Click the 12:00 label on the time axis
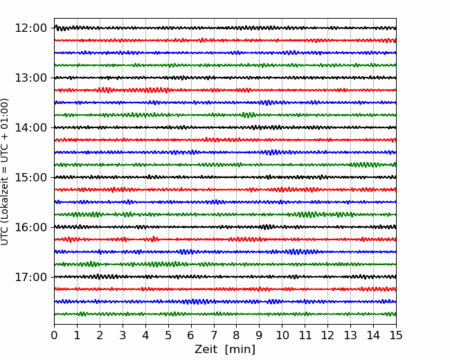tap(30, 28)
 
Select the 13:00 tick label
tap(30, 78)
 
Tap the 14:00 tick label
tap(30, 127)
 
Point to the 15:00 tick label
tap(30, 177)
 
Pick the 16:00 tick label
tap(30, 227)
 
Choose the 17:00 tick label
tap(30, 277)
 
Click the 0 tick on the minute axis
tap(54, 335)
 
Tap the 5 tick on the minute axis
tap(168, 335)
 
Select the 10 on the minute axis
tap(282, 335)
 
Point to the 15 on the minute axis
tap(396, 335)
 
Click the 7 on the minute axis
tap(214, 335)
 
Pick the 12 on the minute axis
tap(327, 335)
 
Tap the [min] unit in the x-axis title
tap(240, 350)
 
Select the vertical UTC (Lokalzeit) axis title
tap(5, 172)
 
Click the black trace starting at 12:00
tap(225, 28)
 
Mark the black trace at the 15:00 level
tap(225, 177)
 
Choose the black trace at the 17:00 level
tap(225, 277)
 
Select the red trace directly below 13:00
tap(225, 90)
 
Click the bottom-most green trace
tap(225, 314)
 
